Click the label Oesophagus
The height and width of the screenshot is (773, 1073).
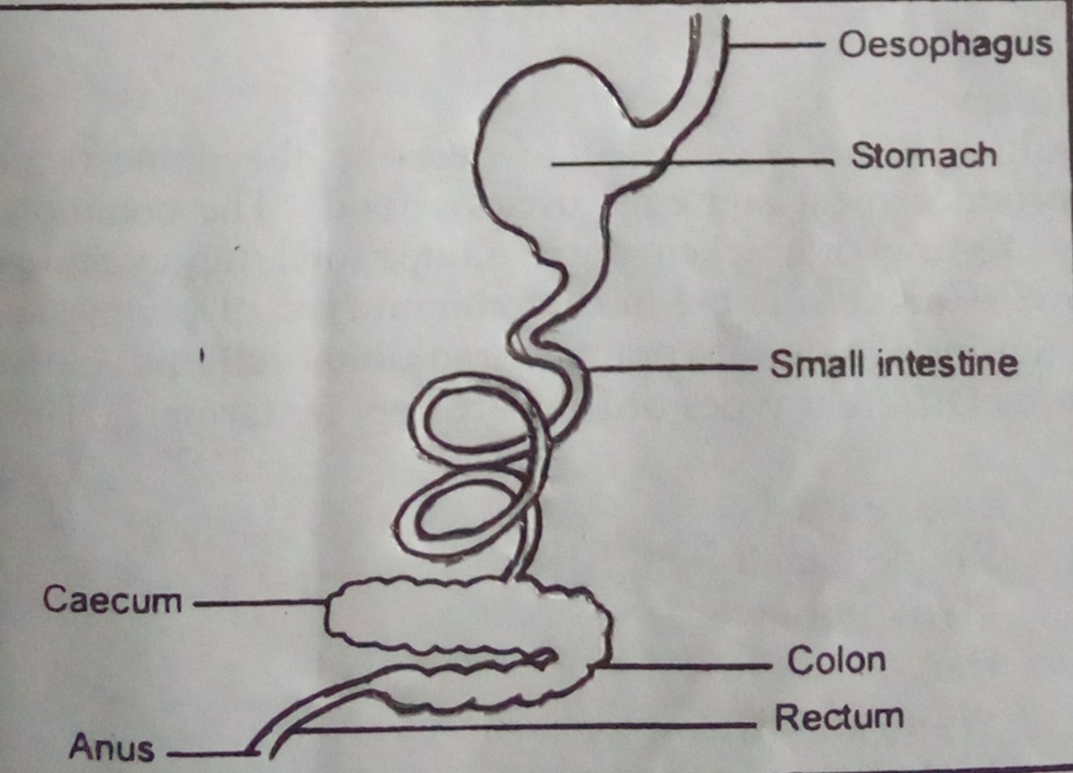click(945, 45)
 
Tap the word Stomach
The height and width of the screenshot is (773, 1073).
click(923, 155)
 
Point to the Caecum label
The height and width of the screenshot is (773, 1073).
click(112, 600)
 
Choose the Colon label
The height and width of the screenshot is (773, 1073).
click(836, 660)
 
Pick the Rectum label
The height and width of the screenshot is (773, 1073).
click(839, 718)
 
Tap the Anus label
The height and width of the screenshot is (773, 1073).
click(112, 747)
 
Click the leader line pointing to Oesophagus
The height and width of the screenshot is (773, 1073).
click(775, 45)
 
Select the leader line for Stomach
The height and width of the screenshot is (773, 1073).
click(692, 163)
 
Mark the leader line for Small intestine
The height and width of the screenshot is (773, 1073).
click(672, 368)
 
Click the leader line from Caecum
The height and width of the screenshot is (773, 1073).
click(261, 603)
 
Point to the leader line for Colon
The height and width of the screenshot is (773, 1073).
click(685, 665)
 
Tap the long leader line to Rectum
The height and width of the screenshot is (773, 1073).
click(526, 727)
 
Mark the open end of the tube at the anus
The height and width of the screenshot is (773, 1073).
click(263, 750)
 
